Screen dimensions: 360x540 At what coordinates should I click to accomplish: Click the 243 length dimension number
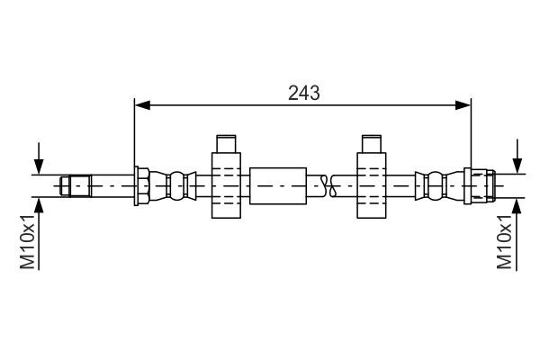(302, 92)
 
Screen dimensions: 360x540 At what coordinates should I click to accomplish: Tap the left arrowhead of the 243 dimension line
(140, 106)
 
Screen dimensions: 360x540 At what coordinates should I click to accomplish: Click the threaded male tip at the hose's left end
(76, 186)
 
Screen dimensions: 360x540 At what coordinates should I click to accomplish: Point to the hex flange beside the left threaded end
(141, 186)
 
